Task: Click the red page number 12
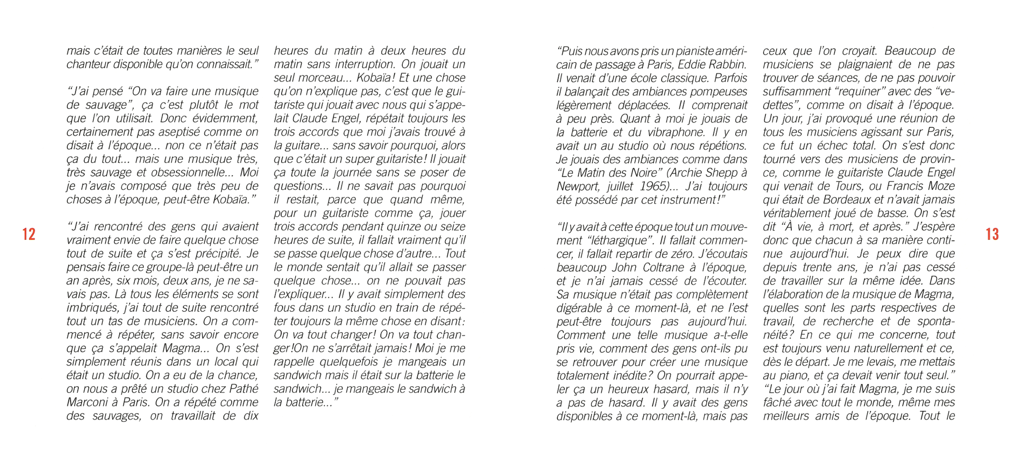click(x=29, y=234)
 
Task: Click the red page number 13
click(x=992, y=234)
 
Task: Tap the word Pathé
click(x=243, y=389)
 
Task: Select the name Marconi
click(x=87, y=402)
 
